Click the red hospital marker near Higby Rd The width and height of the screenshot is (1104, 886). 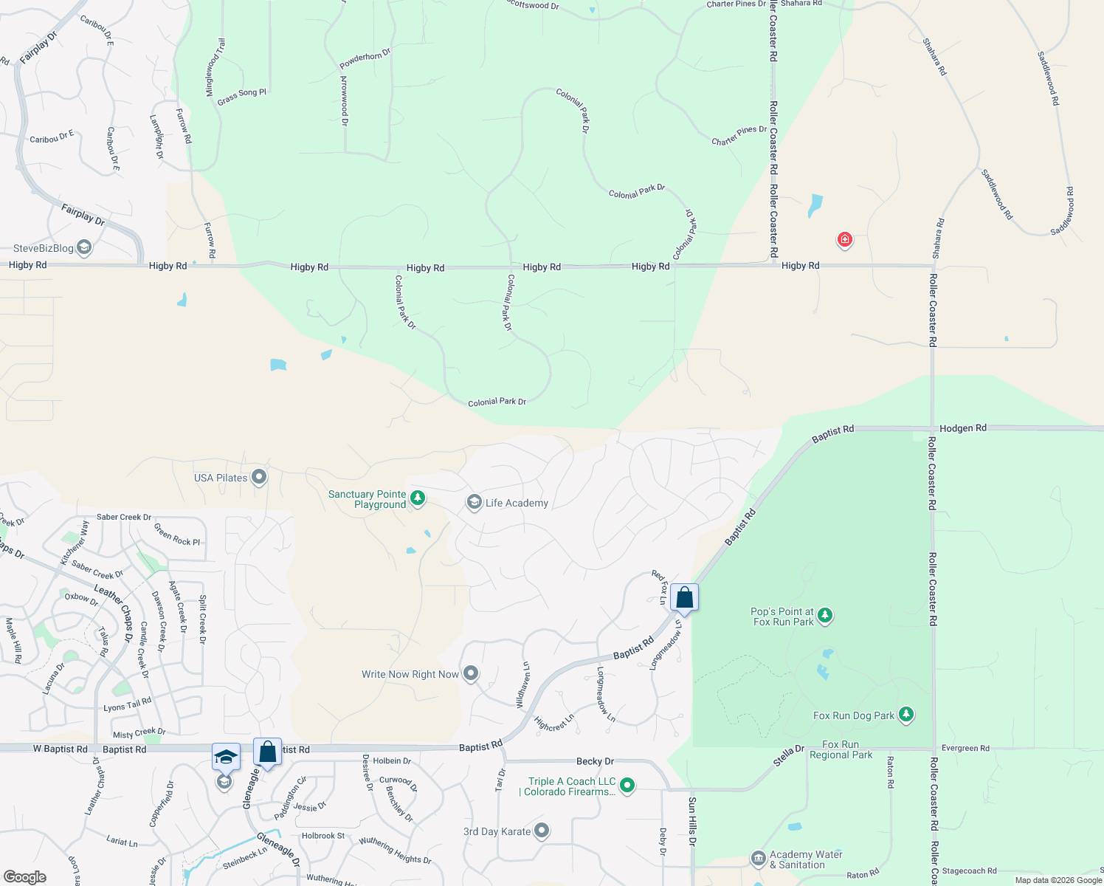click(x=844, y=239)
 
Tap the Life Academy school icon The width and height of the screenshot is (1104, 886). click(x=474, y=503)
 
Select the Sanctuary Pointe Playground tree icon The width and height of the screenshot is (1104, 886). click(x=418, y=498)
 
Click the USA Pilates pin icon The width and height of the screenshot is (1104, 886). click(x=259, y=477)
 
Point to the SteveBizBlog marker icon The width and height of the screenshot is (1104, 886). click(x=84, y=247)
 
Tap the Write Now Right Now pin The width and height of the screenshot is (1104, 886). click(x=471, y=673)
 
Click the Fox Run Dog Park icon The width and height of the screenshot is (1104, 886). click(x=906, y=714)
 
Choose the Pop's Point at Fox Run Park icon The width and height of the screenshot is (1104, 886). click(x=825, y=615)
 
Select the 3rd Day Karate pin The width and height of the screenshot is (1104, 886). click(x=542, y=831)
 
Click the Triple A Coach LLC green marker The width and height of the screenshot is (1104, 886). click(x=627, y=785)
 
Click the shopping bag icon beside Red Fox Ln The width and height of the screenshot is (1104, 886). click(x=684, y=597)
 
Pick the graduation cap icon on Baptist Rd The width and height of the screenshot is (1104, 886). click(x=226, y=757)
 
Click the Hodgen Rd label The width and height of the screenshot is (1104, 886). click(x=963, y=428)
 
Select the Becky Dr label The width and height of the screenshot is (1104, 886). click(x=595, y=761)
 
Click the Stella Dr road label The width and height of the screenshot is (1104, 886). click(x=789, y=755)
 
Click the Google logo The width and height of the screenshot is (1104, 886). click(x=24, y=876)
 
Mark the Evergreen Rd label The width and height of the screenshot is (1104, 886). click(x=965, y=748)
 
